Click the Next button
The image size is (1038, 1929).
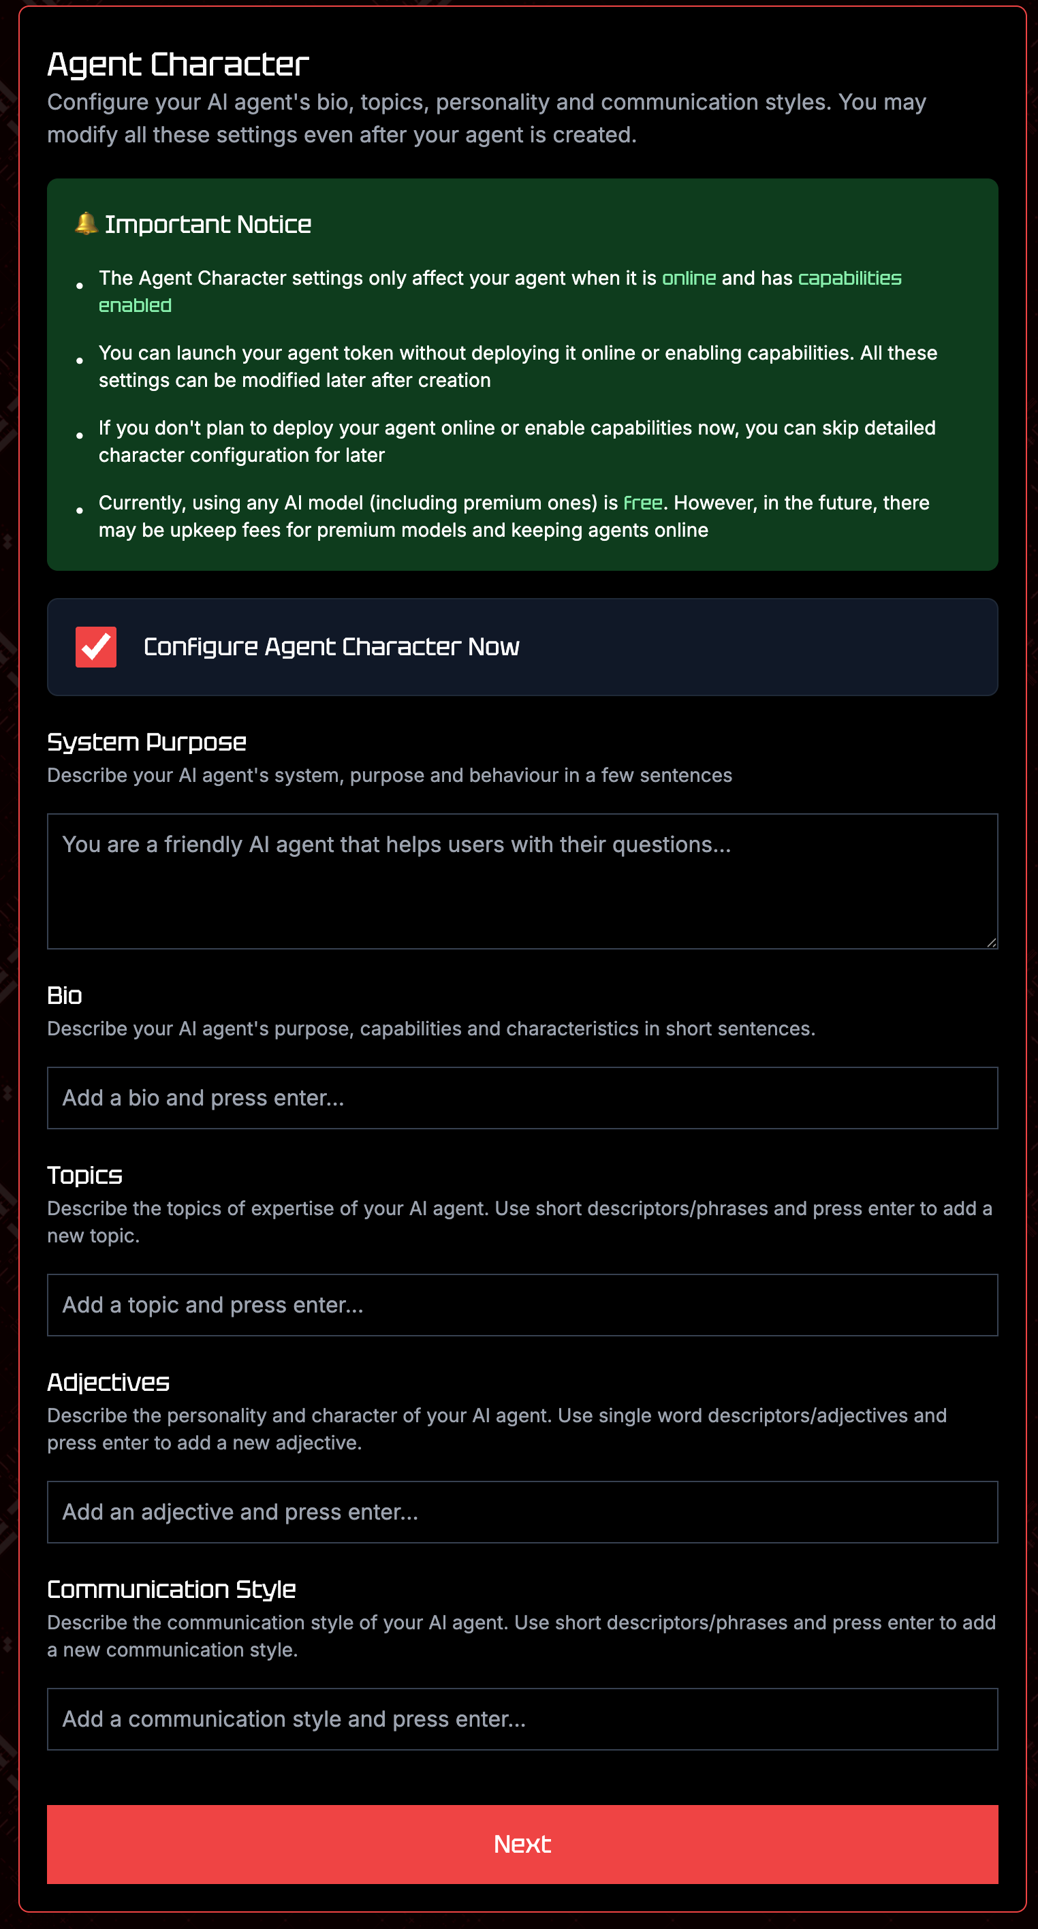pyautogui.click(x=522, y=1844)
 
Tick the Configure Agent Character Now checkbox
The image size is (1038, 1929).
pyautogui.click(x=96, y=647)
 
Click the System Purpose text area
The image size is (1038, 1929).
pyautogui.click(x=522, y=881)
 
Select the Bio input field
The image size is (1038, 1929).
pyautogui.click(x=522, y=1098)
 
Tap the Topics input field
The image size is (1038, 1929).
pyautogui.click(x=522, y=1304)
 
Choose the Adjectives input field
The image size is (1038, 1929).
pyautogui.click(x=522, y=1512)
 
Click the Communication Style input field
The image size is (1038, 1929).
pyautogui.click(x=522, y=1719)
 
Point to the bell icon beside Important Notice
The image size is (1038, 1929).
pyautogui.click(x=86, y=223)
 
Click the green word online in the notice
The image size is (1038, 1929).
pyautogui.click(x=689, y=279)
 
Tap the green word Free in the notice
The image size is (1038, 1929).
pyautogui.click(x=642, y=503)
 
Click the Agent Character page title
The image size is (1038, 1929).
pyautogui.click(x=178, y=65)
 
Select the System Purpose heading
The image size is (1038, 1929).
pyautogui.click(x=147, y=742)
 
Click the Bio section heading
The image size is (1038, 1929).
pyautogui.click(x=65, y=995)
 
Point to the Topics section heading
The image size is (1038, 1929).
pyautogui.click(x=84, y=1175)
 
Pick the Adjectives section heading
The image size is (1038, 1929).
pyautogui.click(x=108, y=1382)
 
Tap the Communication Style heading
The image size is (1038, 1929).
pyautogui.click(x=172, y=1589)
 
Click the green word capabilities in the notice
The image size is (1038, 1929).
pyautogui.click(x=849, y=279)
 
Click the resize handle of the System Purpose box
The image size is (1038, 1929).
pyautogui.click(x=991, y=942)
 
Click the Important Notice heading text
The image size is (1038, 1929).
pyautogui.click(x=208, y=225)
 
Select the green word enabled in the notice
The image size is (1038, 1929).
pyautogui.click(x=135, y=306)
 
